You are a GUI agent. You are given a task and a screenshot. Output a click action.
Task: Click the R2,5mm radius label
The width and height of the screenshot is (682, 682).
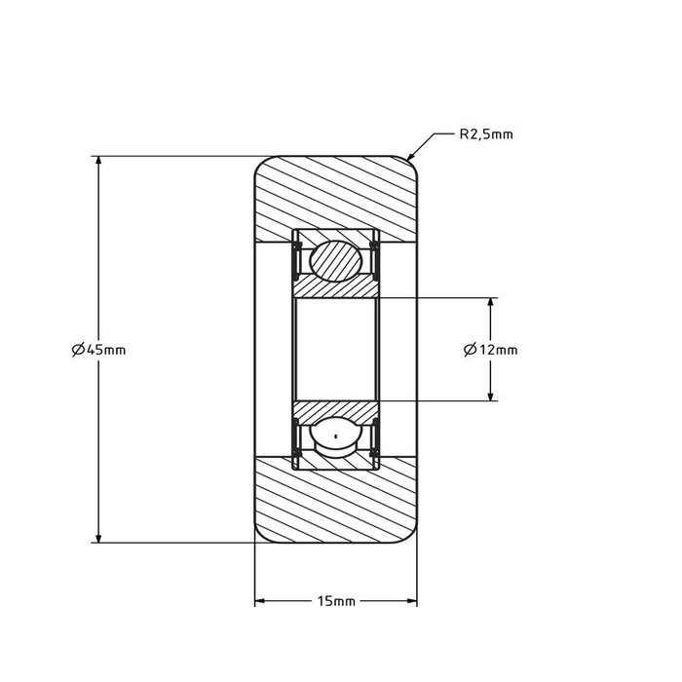485,135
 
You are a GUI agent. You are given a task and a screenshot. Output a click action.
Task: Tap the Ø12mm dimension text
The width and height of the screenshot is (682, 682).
491,349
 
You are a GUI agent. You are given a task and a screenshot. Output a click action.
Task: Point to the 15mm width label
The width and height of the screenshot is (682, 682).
337,602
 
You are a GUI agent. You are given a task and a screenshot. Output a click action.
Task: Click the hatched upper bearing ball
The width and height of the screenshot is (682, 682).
336,260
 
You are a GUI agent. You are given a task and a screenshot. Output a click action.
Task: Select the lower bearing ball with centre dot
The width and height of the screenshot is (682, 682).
336,436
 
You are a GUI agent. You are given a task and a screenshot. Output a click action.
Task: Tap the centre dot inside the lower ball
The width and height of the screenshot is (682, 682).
336,436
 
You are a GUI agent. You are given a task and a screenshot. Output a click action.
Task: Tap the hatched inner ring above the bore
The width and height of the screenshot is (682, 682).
336,289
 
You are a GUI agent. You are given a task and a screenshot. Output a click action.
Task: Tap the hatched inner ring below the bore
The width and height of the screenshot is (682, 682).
336,409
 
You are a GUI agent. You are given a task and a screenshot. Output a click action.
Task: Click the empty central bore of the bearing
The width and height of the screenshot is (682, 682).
336,349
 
